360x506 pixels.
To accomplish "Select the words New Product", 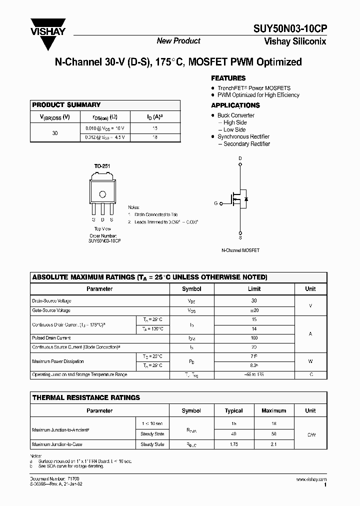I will click(x=178, y=41).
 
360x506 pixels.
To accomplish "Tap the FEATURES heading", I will click(x=228, y=78).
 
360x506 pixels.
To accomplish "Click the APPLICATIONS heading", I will click(x=235, y=105).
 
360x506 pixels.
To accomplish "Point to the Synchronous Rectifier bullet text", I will click(x=243, y=136).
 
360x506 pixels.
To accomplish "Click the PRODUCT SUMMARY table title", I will click(x=66, y=105).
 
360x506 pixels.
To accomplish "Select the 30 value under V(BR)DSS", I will click(x=55, y=133).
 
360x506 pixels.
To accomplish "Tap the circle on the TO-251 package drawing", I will click(x=102, y=194).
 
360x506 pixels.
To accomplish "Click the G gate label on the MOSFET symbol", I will click(x=215, y=203).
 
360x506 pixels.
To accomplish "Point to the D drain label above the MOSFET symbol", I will click(x=240, y=158).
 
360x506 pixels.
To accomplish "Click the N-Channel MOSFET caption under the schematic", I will click(x=240, y=250).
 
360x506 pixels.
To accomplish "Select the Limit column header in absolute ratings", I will click(x=254, y=289).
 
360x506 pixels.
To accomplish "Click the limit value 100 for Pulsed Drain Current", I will click(x=254, y=338).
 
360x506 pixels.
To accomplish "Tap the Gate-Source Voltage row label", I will click(x=51, y=310).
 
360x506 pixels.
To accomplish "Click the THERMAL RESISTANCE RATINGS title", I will click(x=86, y=398).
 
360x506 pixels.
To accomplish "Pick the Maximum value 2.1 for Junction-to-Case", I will click(x=273, y=444).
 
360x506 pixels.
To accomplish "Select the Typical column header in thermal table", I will click(x=233, y=411).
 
